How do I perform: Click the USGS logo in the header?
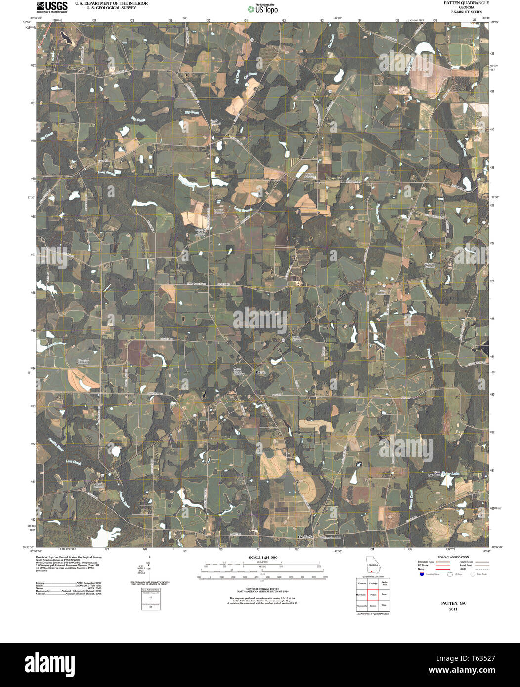52,6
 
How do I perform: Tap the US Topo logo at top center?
262,8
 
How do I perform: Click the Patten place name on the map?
260,371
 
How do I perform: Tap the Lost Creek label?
74,462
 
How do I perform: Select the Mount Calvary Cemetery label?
239,371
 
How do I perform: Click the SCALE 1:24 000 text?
262,558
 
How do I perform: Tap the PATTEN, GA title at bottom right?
453,604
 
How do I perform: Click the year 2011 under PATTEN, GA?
453,609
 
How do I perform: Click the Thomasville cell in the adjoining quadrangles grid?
361,606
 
